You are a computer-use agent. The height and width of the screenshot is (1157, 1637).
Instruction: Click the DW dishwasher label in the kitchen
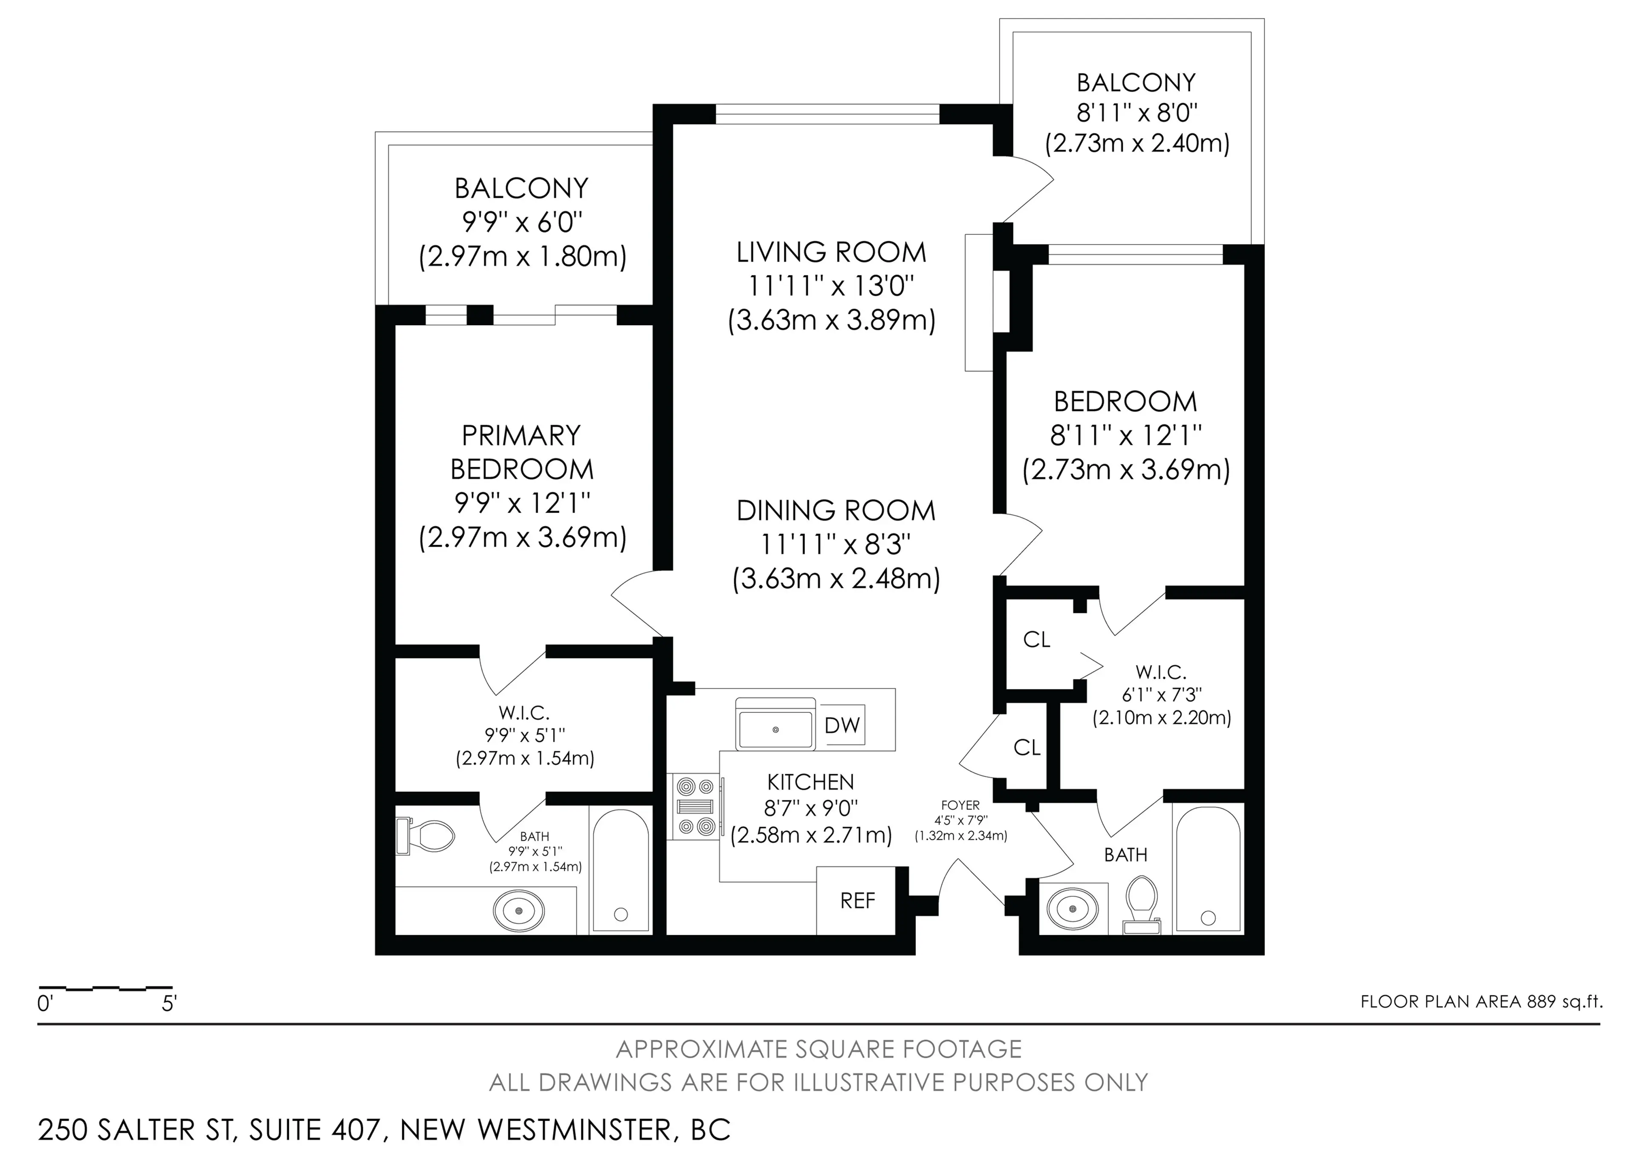[x=843, y=726]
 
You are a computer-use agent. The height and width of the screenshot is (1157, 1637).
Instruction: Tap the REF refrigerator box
[x=856, y=900]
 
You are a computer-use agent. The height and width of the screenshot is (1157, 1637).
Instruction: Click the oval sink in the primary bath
[x=519, y=910]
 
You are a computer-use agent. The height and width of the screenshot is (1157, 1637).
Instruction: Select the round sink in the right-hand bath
[x=1072, y=908]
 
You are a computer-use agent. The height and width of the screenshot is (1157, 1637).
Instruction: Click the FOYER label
[x=960, y=806]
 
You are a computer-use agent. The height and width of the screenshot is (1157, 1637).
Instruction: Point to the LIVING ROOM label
[x=831, y=252]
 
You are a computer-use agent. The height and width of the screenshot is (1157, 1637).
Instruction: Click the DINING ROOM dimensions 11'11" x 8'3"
[x=836, y=545]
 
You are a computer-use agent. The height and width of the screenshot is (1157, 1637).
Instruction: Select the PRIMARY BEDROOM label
[x=522, y=452]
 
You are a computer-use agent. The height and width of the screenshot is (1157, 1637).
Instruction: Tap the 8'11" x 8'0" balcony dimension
[x=1137, y=113]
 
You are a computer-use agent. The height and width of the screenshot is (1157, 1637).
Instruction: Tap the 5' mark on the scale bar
[x=169, y=1004]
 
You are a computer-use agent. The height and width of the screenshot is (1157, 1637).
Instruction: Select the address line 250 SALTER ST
[x=384, y=1130]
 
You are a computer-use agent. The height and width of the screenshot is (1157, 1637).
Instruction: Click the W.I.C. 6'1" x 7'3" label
[x=1161, y=694]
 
